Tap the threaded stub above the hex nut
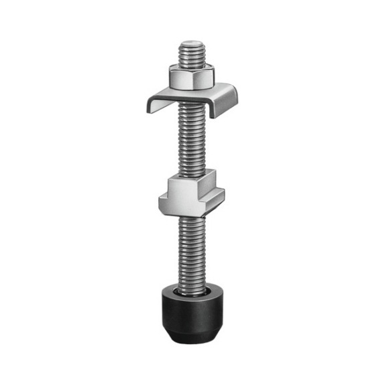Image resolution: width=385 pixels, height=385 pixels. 192,55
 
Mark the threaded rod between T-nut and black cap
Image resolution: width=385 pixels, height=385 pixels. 192,247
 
